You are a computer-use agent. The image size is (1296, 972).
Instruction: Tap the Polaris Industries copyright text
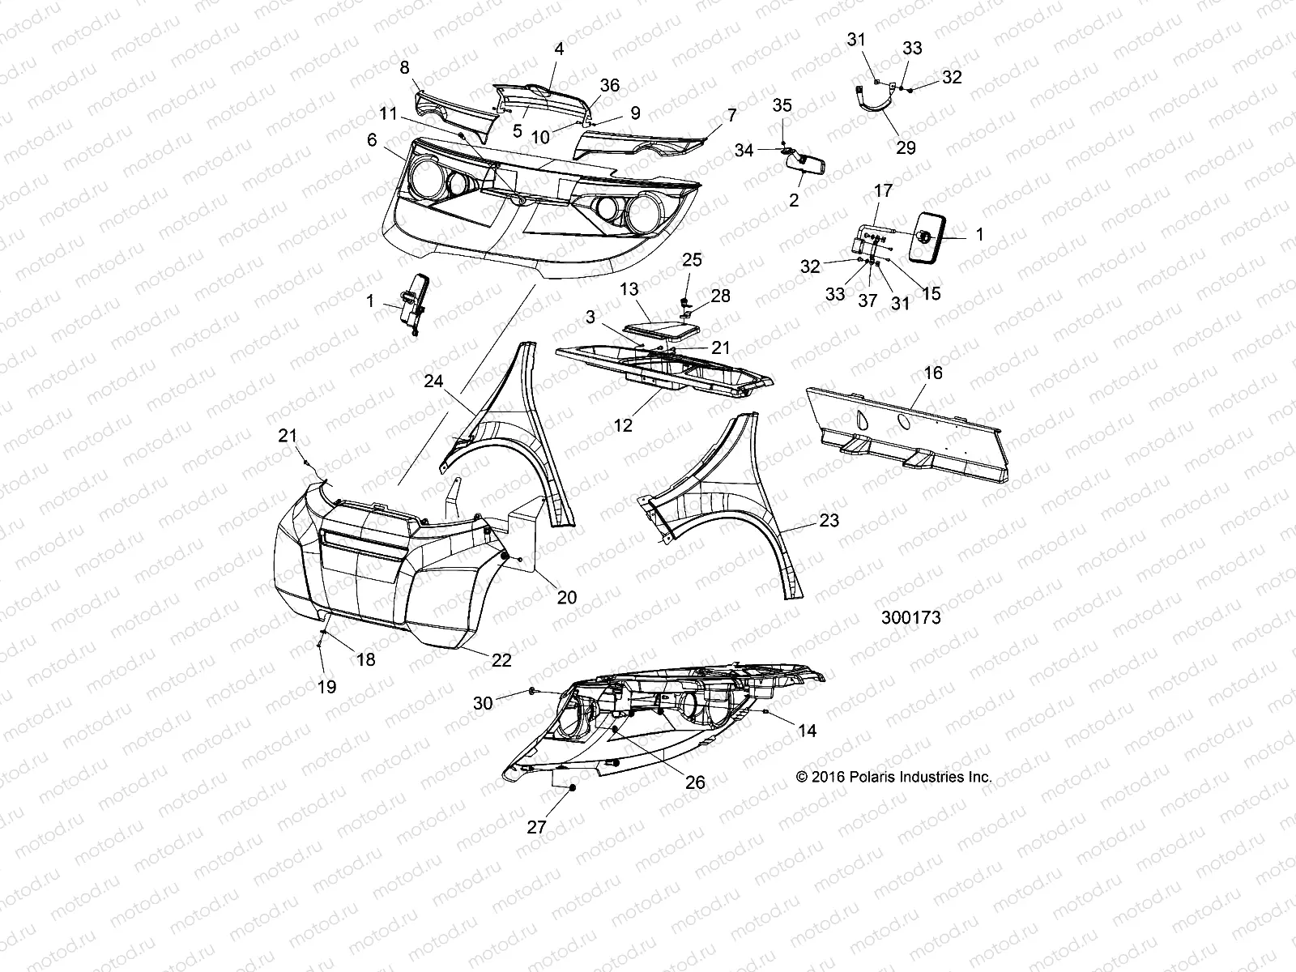click(893, 776)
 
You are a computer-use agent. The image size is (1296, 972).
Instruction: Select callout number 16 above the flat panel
click(933, 373)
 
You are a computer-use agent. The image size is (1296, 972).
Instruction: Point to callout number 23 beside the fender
click(829, 521)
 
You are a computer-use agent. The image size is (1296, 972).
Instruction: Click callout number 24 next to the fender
click(433, 380)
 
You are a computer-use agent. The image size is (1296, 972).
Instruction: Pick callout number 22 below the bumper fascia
click(501, 660)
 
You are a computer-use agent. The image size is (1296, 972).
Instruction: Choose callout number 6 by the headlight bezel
click(372, 140)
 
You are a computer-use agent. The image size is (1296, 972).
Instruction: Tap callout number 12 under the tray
click(623, 424)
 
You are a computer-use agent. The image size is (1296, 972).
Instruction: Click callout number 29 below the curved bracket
click(906, 147)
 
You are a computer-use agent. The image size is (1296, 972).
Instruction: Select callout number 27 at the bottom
click(536, 827)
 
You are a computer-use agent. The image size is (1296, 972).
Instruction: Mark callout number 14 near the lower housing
click(807, 731)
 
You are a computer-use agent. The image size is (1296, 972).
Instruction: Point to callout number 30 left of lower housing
click(483, 703)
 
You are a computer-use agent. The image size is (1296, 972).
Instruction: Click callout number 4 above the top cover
click(559, 49)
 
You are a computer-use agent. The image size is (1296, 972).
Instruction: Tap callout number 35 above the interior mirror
click(782, 105)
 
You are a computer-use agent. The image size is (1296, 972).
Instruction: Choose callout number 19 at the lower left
click(327, 687)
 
